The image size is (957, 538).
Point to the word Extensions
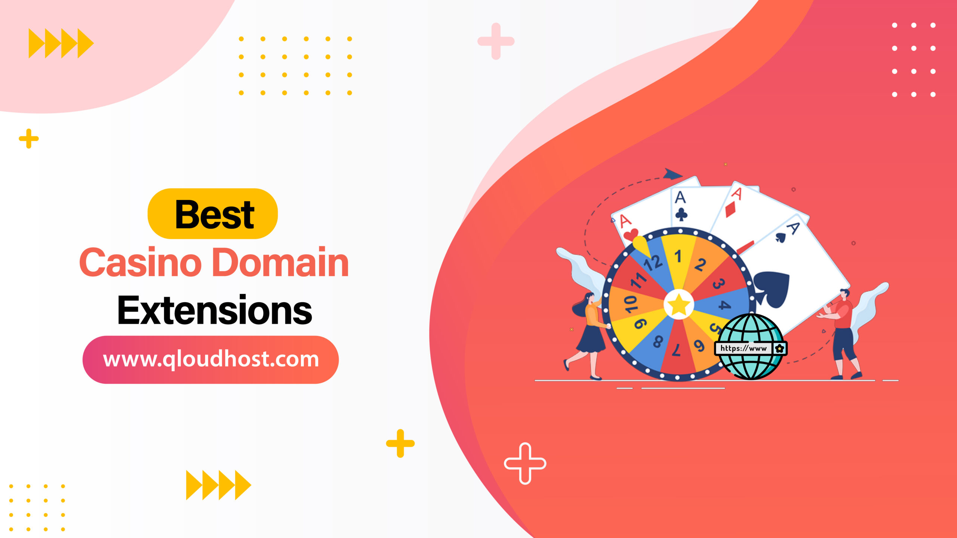tap(215, 310)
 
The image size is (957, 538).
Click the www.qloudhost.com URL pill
tap(210, 359)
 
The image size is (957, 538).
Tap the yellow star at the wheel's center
tap(678, 305)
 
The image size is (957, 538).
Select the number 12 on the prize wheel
tap(652, 263)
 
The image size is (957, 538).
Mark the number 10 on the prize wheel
tap(631, 303)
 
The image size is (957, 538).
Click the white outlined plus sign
tap(525, 463)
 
